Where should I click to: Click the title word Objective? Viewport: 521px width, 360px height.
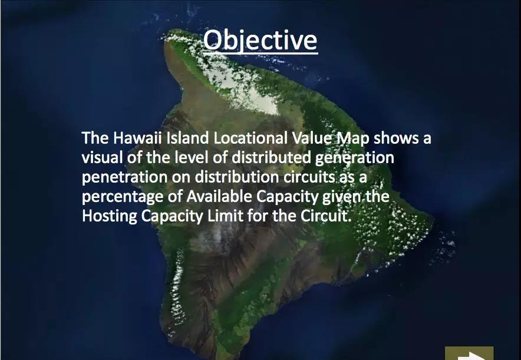(x=260, y=40)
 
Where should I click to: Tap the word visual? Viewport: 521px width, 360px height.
(x=103, y=157)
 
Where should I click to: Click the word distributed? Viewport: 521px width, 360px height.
(x=271, y=157)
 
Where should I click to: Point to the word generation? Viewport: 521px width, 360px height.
(x=355, y=158)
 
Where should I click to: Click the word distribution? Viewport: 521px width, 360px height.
(x=236, y=176)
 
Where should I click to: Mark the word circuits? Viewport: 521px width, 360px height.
(x=309, y=176)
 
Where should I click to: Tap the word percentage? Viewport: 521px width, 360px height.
(x=123, y=197)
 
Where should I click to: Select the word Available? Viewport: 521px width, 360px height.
(x=219, y=196)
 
